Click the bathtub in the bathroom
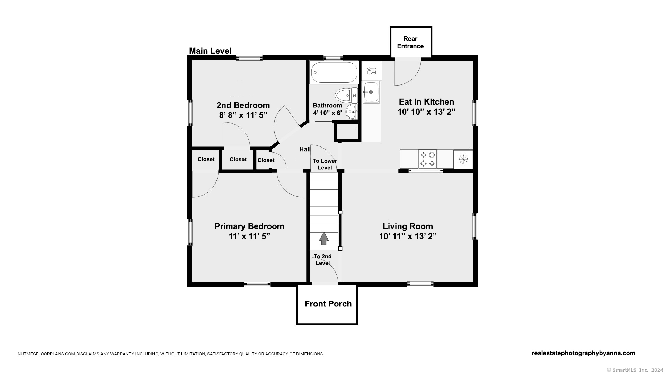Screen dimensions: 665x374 tap(334, 72)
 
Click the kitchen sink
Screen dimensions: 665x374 tap(371, 92)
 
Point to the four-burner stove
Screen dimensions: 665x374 tap(428, 159)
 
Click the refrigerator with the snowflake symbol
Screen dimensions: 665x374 tap(463, 159)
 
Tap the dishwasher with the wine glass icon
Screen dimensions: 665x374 tap(372, 71)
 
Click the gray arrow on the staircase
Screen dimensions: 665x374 tap(324, 238)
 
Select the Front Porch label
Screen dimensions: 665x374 tap(328, 304)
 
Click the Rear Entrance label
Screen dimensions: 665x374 tap(410, 43)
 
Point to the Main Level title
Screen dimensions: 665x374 tap(210, 51)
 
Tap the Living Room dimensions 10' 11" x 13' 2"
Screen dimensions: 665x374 tap(408, 236)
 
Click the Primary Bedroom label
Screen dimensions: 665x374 tap(249, 226)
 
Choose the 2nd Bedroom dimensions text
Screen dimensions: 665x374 tap(243, 115)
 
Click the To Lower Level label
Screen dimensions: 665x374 tap(325, 164)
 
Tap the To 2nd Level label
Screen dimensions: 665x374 tap(323, 260)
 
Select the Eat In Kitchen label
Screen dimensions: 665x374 tap(426, 102)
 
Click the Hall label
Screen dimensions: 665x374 tap(305, 149)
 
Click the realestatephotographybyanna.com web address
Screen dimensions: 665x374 tap(583, 353)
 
